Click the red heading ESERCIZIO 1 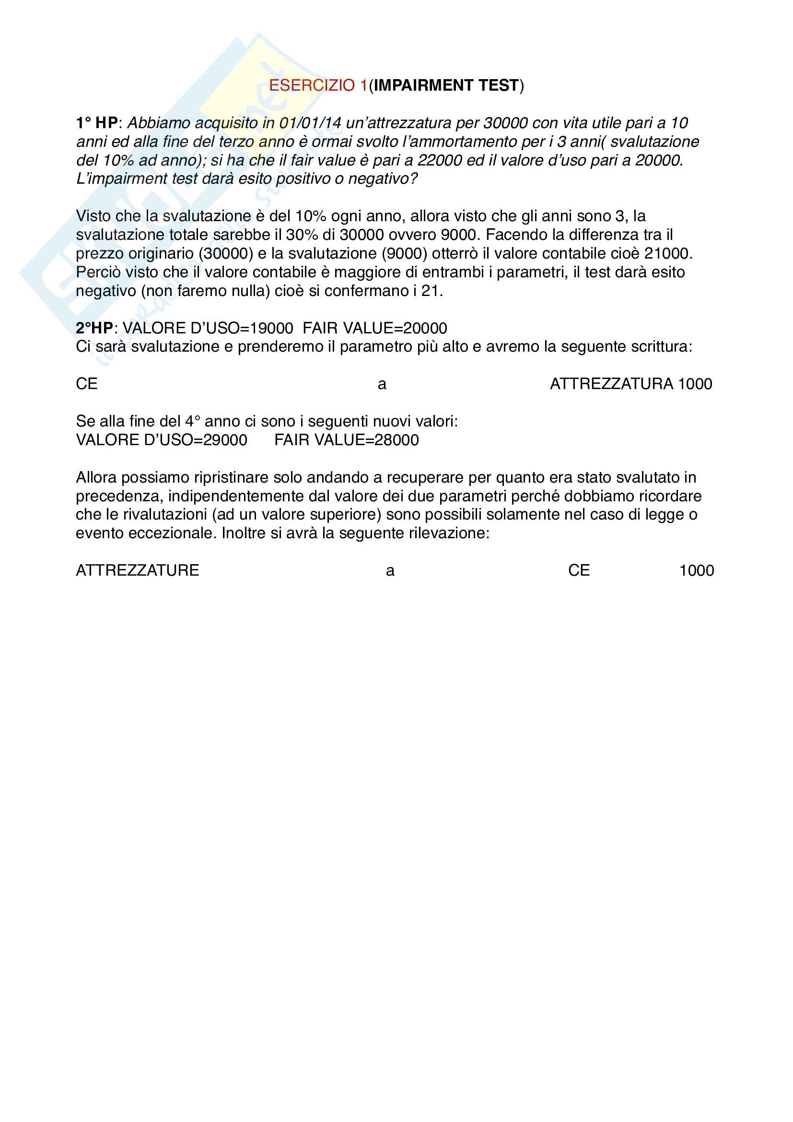click(318, 85)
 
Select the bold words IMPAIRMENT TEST click(446, 85)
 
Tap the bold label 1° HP click(97, 123)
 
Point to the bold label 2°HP click(94, 328)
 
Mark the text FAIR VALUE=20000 click(374, 328)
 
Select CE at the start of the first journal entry click(87, 384)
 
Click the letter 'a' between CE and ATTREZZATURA click(382, 384)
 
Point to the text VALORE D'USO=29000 click(161, 440)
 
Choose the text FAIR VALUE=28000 click(346, 440)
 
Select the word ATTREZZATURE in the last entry click(137, 570)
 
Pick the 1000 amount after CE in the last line click(696, 570)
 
